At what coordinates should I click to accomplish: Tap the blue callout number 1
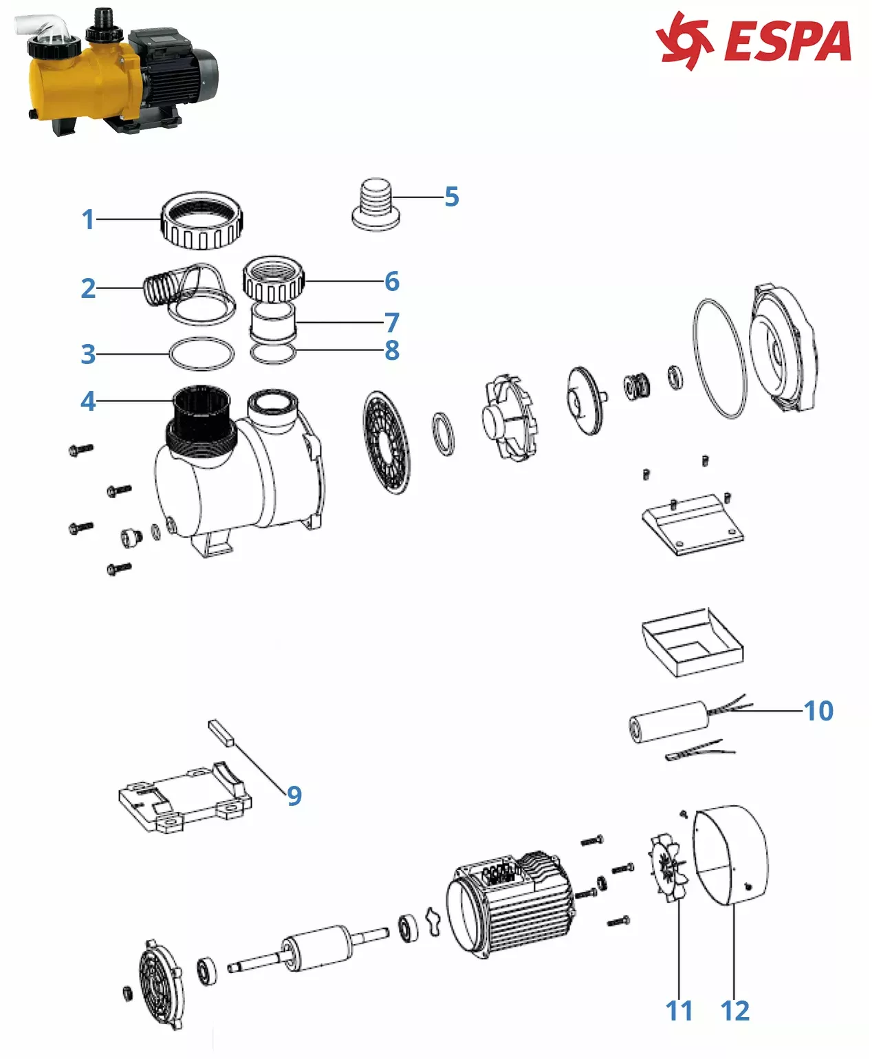point(87,220)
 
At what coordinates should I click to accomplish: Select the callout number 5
point(451,197)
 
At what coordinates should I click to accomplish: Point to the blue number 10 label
point(818,711)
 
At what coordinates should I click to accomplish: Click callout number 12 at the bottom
point(734,1011)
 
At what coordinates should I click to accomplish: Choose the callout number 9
point(294,795)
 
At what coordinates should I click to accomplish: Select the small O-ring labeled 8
point(274,354)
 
